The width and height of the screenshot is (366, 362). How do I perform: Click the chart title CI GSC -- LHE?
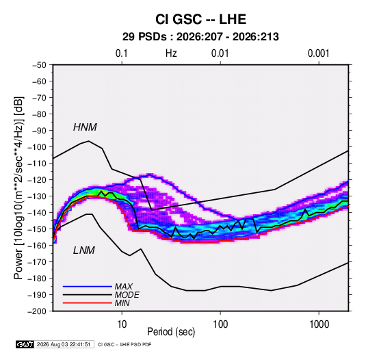[x=200, y=19]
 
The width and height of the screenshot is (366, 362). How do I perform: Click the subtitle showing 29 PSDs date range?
[x=200, y=37]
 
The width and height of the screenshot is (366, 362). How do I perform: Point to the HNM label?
[x=85, y=127]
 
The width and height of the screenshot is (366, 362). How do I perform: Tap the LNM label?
[x=84, y=250]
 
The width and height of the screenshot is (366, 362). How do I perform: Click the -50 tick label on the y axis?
[x=39, y=65]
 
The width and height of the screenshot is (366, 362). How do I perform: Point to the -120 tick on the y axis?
[x=37, y=180]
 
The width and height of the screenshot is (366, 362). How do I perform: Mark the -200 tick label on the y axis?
[x=37, y=311]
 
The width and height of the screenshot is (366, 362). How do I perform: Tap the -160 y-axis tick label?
[x=37, y=246]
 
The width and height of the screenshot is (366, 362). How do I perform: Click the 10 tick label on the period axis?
[x=122, y=324]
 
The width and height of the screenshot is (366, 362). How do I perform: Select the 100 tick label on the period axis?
[x=220, y=324]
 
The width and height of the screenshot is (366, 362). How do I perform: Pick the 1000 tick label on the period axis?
[x=319, y=324]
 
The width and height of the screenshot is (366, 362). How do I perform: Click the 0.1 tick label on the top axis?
[x=122, y=53]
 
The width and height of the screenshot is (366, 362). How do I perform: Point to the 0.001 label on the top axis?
[x=318, y=53]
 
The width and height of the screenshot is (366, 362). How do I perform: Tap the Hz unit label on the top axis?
[x=171, y=53]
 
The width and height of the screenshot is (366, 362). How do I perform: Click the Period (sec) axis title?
[x=171, y=332]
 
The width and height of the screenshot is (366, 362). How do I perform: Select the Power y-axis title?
[x=18, y=188]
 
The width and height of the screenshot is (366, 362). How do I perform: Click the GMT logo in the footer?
[x=25, y=344]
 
